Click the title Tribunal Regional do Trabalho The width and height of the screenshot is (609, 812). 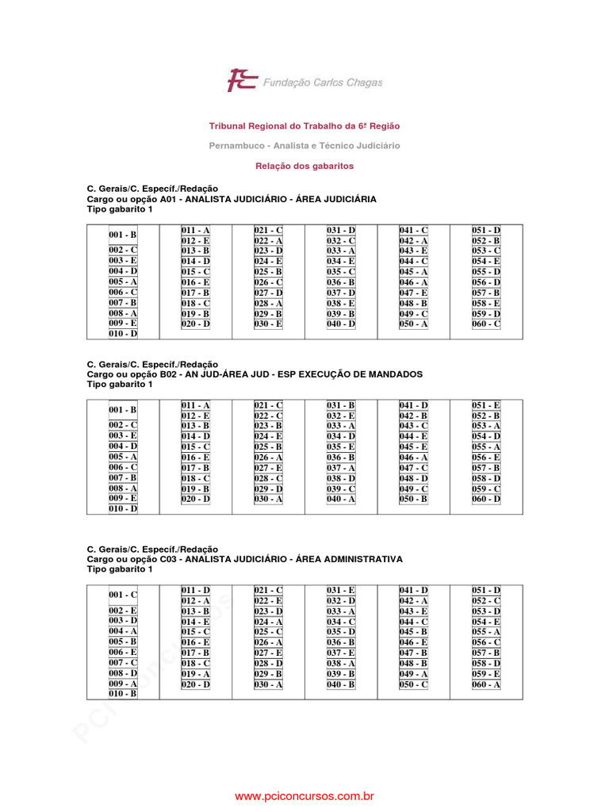click(x=304, y=126)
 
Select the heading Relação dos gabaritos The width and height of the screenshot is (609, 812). click(x=304, y=167)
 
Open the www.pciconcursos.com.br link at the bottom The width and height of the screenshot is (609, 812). click(x=304, y=795)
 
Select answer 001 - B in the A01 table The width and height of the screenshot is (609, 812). click(x=123, y=236)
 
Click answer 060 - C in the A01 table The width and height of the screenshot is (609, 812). click(x=486, y=324)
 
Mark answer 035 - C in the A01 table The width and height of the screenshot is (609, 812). click(x=341, y=272)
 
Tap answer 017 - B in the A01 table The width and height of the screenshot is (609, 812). click(x=195, y=293)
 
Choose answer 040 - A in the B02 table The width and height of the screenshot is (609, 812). click(x=341, y=499)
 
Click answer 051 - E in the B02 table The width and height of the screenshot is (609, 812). click(x=486, y=405)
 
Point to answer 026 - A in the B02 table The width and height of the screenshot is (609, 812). click(x=268, y=458)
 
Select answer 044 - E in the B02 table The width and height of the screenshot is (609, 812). click(x=413, y=437)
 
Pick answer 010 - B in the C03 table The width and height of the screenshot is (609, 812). click(x=123, y=694)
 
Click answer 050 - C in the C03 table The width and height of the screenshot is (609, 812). click(x=413, y=684)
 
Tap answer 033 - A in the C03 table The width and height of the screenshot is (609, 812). click(x=341, y=611)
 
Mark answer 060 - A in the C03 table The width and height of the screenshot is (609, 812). click(x=486, y=684)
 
